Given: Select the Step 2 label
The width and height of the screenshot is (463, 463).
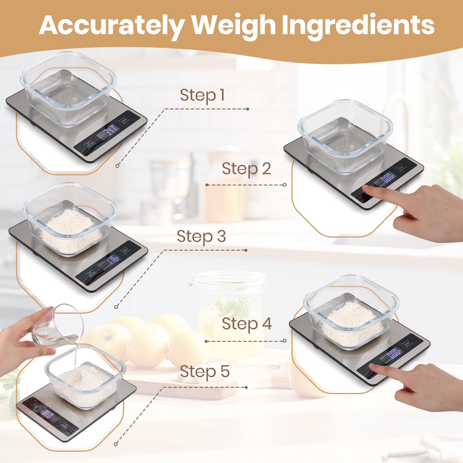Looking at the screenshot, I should click(246, 169).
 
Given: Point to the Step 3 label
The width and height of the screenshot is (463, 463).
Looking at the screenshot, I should click(201, 236).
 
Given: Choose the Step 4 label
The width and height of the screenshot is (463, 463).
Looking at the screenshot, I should click(247, 324).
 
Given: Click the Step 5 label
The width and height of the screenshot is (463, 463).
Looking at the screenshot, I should click(205, 371).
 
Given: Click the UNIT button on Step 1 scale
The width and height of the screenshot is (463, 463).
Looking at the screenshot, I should click(124, 120).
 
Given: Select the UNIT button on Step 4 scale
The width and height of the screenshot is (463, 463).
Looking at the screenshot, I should click(407, 343).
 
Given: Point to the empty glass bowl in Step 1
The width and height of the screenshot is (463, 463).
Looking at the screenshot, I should click(68, 90).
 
